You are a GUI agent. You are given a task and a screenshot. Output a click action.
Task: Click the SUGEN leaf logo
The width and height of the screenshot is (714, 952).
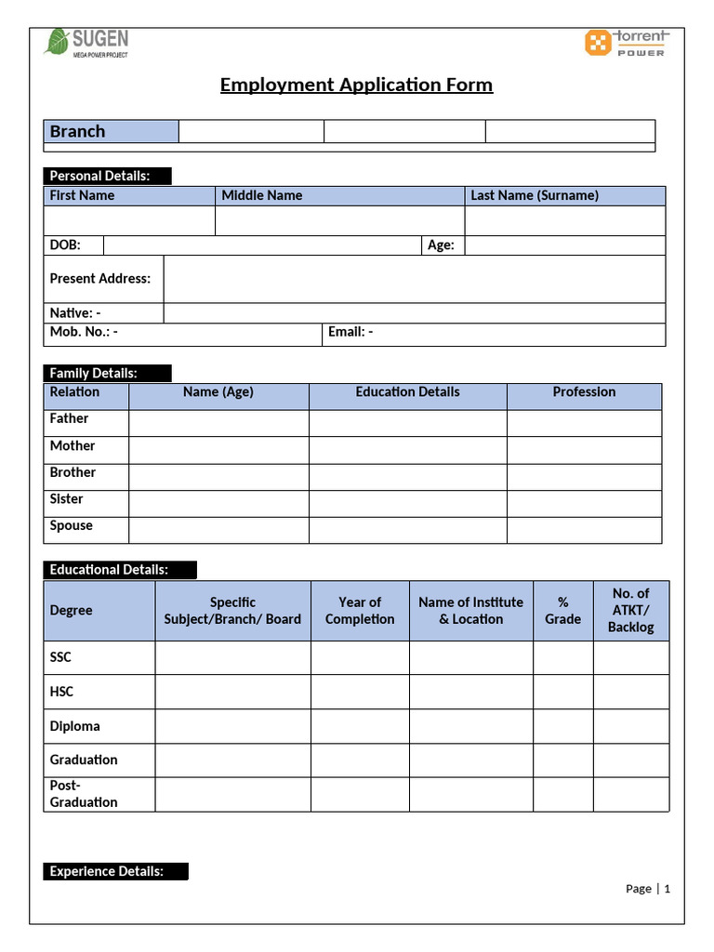[x=58, y=42]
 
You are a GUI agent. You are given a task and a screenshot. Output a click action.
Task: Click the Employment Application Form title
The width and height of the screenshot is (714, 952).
[x=356, y=86]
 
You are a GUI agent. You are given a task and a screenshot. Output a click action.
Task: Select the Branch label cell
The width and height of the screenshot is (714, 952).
[x=111, y=131]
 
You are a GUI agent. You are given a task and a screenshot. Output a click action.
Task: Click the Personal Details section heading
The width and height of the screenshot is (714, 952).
[x=107, y=176]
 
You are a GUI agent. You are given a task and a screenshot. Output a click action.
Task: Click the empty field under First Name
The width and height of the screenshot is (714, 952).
[x=129, y=220]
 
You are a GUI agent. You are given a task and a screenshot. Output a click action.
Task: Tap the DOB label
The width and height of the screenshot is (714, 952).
[x=65, y=245]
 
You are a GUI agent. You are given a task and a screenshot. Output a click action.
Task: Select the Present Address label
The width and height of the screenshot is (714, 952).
[x=100, y=278]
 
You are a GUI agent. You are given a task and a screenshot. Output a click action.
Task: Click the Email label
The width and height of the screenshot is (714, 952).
[x=350, y=332]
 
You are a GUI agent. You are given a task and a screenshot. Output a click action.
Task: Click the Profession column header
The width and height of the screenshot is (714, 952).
[x=584, y=392]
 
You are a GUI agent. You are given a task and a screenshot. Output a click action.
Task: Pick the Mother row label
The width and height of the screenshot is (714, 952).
[x=73, y=446]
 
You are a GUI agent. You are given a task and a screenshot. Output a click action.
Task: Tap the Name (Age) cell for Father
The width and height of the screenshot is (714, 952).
[x=218, y=423]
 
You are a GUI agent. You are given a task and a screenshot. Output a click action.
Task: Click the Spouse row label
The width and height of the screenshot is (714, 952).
[x=72, y=526]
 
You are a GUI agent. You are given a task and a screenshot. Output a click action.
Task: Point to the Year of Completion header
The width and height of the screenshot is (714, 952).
[x=360, y=611]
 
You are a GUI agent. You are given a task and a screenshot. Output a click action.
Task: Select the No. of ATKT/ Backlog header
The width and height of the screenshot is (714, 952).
[x=630, y=610]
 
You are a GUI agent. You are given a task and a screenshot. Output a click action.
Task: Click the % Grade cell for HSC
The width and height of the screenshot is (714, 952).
[x=562, y=692]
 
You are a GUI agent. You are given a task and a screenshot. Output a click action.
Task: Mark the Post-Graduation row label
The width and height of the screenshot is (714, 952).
[x=84, y=794]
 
